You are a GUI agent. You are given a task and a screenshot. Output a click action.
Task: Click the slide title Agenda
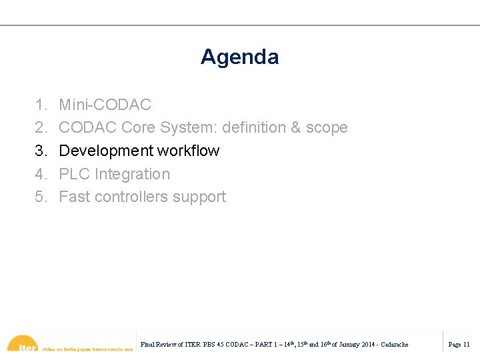(239, 57)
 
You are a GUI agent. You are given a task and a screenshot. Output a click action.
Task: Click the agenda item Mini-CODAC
(105, 105)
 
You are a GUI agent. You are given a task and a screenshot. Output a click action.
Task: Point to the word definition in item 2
(254, 127)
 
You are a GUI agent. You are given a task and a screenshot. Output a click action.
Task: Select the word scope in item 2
(327, 127)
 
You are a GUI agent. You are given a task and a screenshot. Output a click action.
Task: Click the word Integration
(133, 174)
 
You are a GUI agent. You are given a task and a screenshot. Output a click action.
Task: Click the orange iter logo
(23, 344)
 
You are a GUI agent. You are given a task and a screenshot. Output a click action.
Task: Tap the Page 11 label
(459, 345)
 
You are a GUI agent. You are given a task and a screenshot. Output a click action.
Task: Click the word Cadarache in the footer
(395, 345)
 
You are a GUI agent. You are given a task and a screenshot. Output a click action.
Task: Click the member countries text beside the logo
(87, 348)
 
